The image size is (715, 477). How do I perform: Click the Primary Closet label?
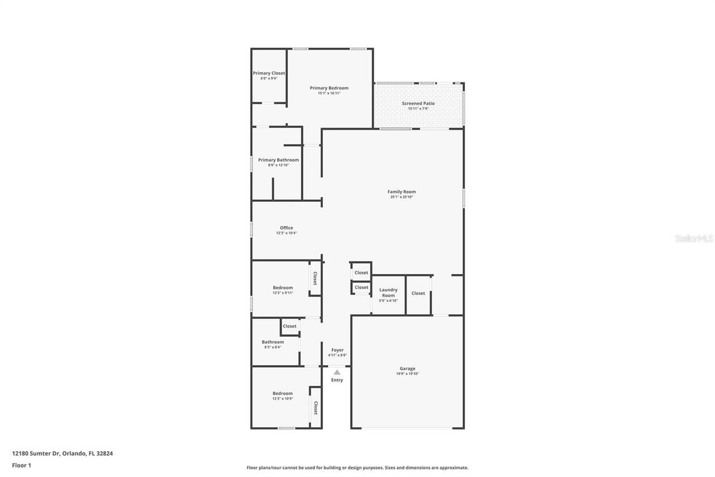coord(269,73)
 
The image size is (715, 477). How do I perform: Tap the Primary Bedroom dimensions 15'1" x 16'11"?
coord(329,93)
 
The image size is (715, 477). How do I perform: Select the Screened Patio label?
coord(418,103)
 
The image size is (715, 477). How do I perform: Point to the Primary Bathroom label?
coord(278,160)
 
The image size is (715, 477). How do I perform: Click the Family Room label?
coord(402,192)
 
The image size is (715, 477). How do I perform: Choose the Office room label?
coord(286,228)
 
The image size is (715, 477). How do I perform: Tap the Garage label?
coord(407,369)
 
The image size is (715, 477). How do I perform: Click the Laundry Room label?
coord(388,292)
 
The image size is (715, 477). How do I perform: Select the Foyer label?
coord(337,350)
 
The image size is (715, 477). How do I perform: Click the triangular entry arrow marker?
coord(337,372)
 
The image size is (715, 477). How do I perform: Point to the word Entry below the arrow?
coord(337,380)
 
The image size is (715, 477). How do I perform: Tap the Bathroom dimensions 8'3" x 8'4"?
coord(273,347)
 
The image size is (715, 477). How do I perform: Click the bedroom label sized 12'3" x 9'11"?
coord(283,287)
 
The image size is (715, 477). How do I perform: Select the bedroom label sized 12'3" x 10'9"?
coord(283,393)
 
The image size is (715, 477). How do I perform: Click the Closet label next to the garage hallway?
coord(418,293)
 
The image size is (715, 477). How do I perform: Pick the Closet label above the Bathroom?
coord(289,326)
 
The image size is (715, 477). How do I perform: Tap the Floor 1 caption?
coord(21,465)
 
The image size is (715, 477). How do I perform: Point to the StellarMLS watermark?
coord(694,239)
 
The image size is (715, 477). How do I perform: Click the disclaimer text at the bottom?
coord(357,467)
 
